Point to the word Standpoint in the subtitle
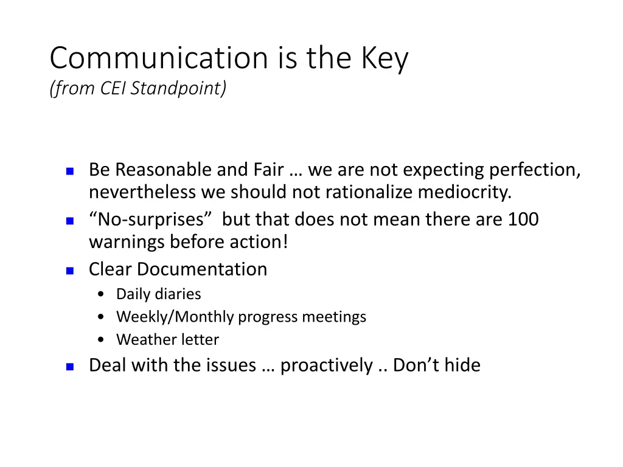178,89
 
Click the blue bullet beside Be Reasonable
69,171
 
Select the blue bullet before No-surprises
69,221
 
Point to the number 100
523,219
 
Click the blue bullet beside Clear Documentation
69,271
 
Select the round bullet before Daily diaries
101,295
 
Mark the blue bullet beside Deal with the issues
69,367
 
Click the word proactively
326,365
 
